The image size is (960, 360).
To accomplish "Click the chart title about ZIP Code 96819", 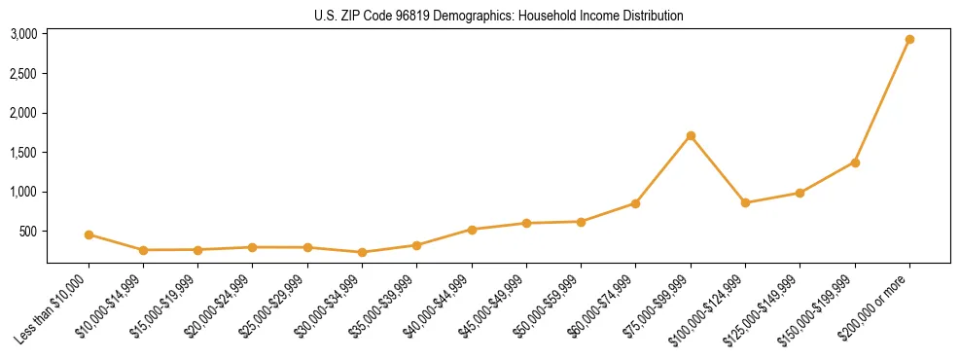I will (498, 16).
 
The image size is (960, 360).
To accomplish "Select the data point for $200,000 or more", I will (909, 40).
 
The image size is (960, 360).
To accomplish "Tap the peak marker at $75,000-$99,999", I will (691, 135).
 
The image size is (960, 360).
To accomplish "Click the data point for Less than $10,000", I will (89, 234).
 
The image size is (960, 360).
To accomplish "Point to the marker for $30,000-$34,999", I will (362, 252).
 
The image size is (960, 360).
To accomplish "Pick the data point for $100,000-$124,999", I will (745, 202).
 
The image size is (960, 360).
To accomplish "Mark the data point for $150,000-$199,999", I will (855, 162).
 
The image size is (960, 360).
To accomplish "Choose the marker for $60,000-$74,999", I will (635, 203).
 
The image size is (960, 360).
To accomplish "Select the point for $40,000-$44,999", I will (472, 230).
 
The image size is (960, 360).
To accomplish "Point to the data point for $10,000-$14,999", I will (143, 250).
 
